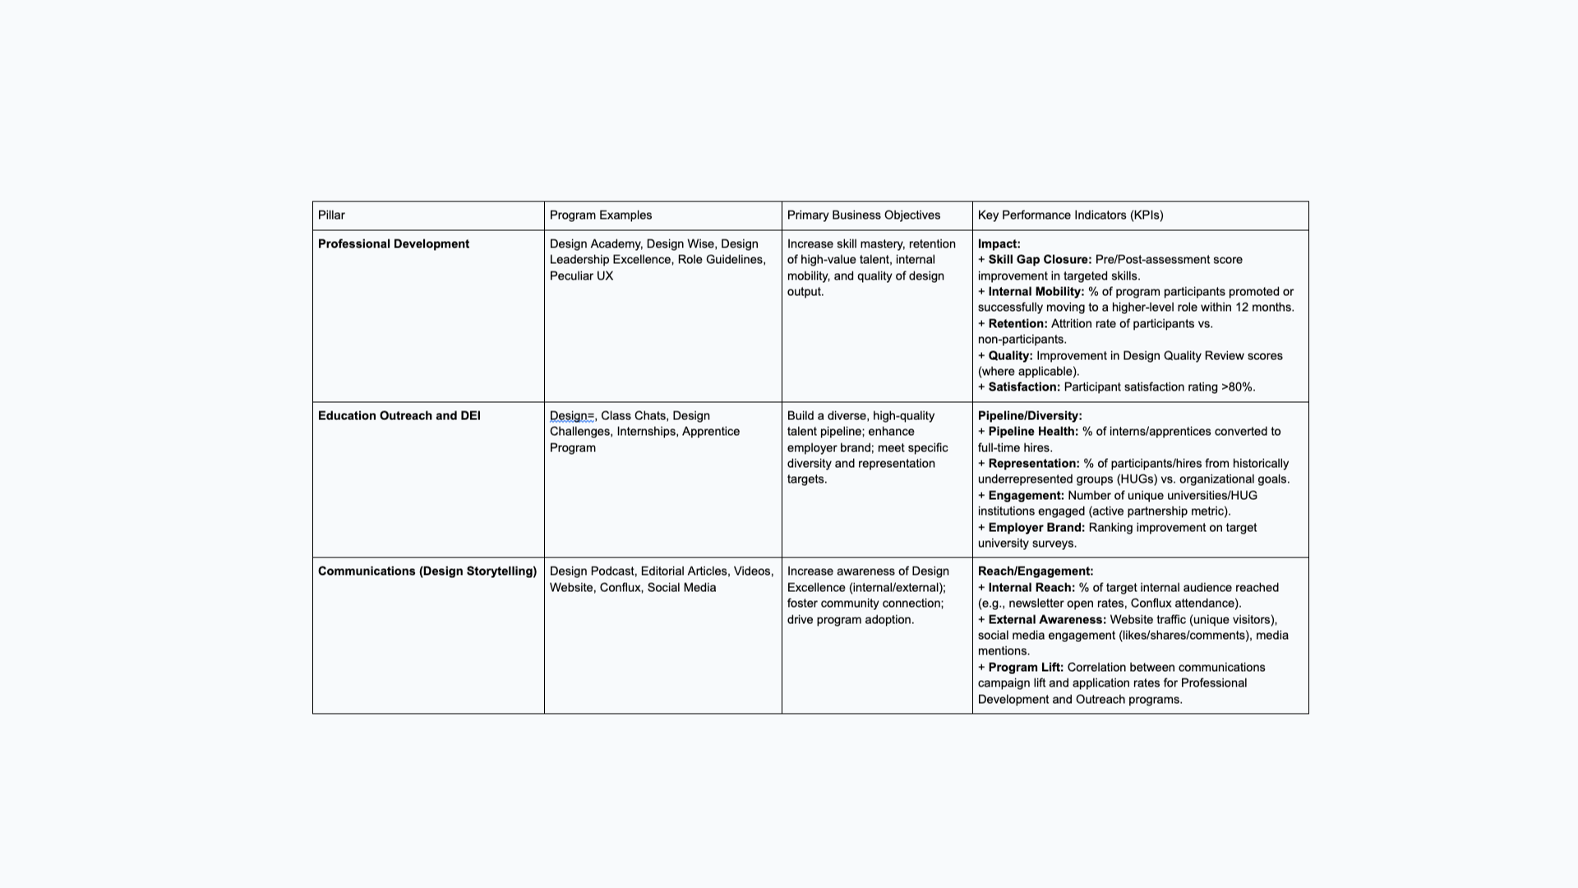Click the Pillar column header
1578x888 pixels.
[x=331, y=215]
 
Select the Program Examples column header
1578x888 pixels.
[x=600, y=215]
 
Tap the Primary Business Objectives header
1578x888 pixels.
[x=863, y=215]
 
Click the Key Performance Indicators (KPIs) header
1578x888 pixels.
[x=1070, y=215]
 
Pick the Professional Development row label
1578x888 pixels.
[x=393, y=244]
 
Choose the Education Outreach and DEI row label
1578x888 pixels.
[x=399, y=416]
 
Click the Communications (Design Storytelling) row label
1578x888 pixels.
[x=427, y=571]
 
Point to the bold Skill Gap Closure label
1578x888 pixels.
[x=1040, y=260]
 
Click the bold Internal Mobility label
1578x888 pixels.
[x=1036, y=292]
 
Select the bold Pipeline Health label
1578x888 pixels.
[x=1032, y=432]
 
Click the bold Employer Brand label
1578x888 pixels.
[x=1036, y=528]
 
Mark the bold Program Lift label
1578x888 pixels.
[x=1025, y=668]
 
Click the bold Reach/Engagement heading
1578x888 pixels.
[x=1035, y=571]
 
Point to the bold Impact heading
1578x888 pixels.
[x=999, y=244]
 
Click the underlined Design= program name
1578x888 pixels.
[x=571, y=416]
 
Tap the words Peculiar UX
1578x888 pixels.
[x=581, y=276]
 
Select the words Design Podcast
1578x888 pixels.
[x=592, y=571]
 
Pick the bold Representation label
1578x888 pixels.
[x=1033, y=464]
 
